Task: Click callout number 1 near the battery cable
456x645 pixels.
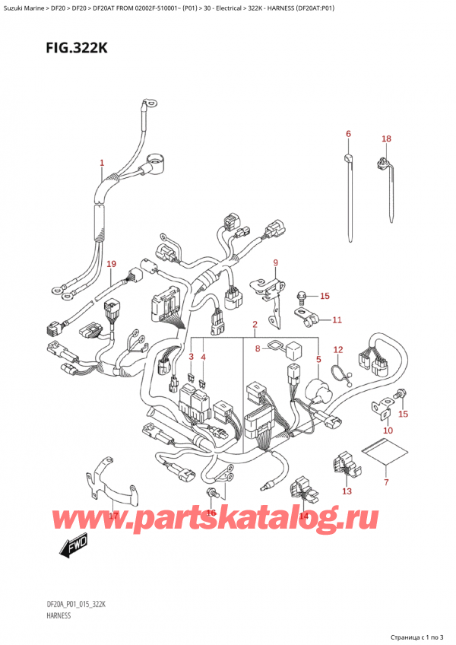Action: [102, 163]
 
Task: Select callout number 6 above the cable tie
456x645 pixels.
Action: [348, 135]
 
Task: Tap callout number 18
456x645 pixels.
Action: [386, 139]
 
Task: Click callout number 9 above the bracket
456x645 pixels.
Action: [275, 264]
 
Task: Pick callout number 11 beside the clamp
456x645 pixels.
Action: [337, 319]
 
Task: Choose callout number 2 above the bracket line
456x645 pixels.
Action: [255, 325]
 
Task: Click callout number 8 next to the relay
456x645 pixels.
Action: [258, 351]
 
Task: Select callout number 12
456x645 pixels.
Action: [338, 350]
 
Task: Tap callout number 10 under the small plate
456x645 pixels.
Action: [388, 431]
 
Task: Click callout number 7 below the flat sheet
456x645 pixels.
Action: [385, 483]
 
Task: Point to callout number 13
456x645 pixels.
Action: [347, 491]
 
